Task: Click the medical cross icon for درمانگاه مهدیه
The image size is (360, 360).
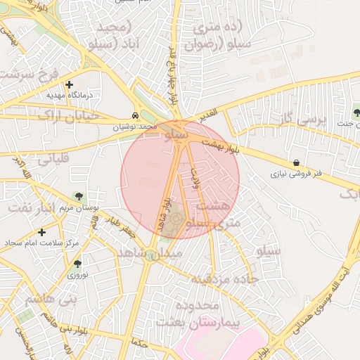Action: (69, 84)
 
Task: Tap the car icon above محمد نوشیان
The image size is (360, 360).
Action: (134, 115)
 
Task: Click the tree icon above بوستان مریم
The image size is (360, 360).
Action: (78, 197)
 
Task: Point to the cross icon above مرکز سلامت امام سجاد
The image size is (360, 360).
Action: (41, 231)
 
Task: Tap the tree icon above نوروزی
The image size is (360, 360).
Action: (77, 264)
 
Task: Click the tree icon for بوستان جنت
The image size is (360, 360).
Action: (356, 112)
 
